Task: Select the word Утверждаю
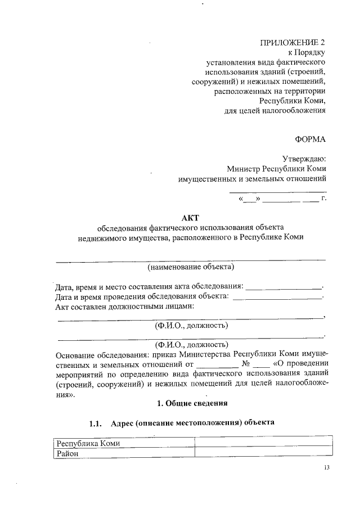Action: (x=304, y=159)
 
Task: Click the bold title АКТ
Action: (x=190, y=218)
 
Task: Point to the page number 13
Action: (x=327, y=468)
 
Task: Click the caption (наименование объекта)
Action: (x=191, y=266)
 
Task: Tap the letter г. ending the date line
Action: (x=323, y=199)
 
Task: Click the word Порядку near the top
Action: (x=311, y=53)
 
